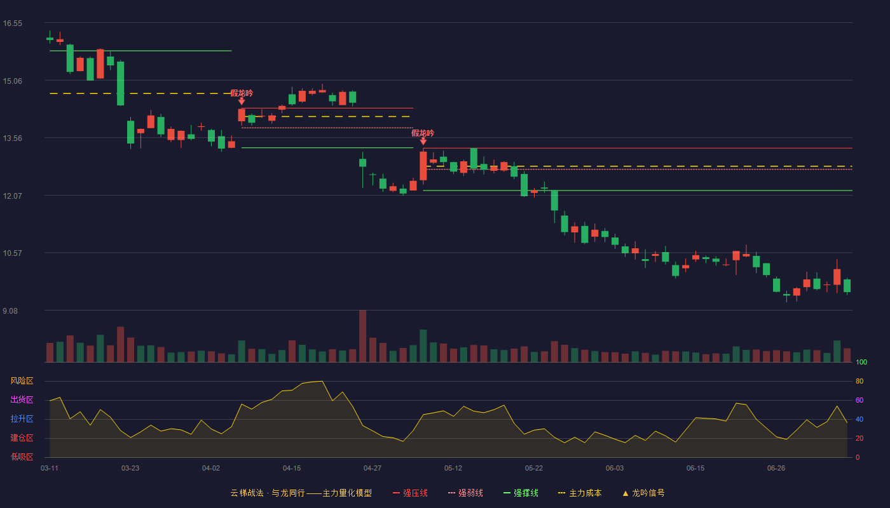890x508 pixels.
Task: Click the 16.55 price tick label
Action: pyautogui.click(x=13, y=23)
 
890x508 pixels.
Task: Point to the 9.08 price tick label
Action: pyautogui.click(x=10, y=311)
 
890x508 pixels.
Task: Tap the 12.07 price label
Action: pyautogui.click(x=13, y=196)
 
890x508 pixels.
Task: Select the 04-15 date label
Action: pyautogui.click(x=292, y=469)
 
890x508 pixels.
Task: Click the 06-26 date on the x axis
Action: pyautogui.click(x=776, y=469)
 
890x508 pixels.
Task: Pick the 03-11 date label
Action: pyautogui.click(x=50, y=469)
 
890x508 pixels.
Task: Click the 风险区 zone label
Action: pyautogui.click(x=22, y=381)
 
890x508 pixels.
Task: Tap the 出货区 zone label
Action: pyautogui.click(x=22, y=399)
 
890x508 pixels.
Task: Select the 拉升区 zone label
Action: pyautogui.click(x=22, y=418)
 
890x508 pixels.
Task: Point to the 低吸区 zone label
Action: pyautogui.click(x=22, y=457)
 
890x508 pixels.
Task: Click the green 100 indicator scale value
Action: pyautogui.click(x=861, y=362)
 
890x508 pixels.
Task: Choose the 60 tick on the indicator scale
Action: pyautogui.click(x=859, y=400)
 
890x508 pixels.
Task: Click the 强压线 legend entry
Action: pyautogui.click(x=410, y=493)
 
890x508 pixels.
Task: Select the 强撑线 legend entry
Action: pyautogui.click(x=521, y=493)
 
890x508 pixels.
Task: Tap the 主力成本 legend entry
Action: pyautogui.click(x=580, y=493)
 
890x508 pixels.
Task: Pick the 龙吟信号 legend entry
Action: pyautogui.click(x=643, y=493)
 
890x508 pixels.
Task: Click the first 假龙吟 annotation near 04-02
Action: pyautogui.click(x=242, y=93)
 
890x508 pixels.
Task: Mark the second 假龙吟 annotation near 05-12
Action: pyautogui.click(x=423, y=133)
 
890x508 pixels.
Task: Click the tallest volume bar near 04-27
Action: pyautogui.click(x=363, y=336)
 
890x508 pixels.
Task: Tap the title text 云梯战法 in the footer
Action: pyautogui.click(x=247, y=493)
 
